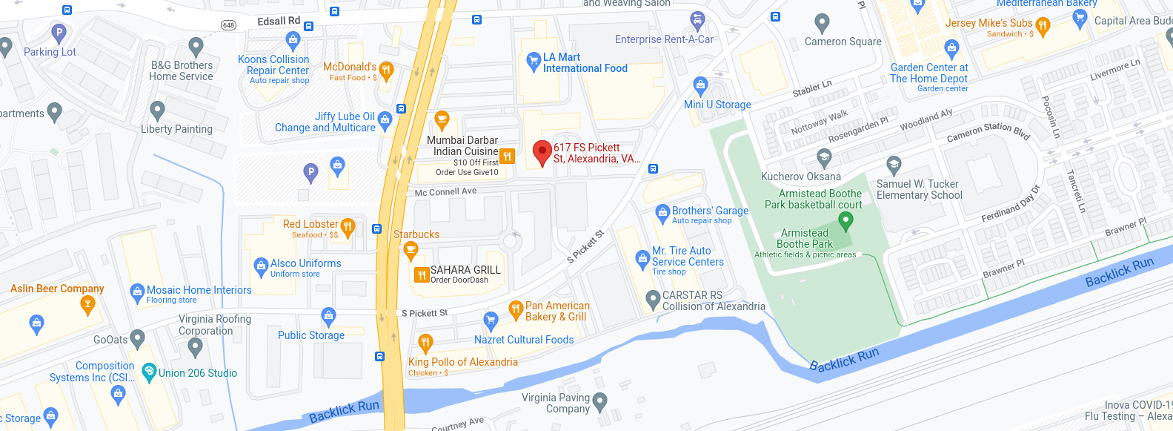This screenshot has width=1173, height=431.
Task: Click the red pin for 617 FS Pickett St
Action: tap(542, 152)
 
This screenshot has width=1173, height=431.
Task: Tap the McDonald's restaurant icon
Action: tap(385, 70)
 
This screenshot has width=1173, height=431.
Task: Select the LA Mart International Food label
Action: tap(585, 62)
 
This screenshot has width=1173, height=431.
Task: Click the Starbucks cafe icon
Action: tap(411, 251)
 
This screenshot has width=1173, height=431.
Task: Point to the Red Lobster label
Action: tap(310, 224)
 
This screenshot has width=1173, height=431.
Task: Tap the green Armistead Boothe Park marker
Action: tap(845, 220)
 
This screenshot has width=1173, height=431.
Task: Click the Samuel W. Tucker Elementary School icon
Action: tap(894, 165)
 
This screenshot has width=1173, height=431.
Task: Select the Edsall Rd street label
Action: tap(279, 21)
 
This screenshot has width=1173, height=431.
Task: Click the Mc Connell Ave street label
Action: tap(445, 191)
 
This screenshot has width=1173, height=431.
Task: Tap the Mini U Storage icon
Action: tap(700, 85)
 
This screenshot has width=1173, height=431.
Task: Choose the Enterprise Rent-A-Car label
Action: tap(664, 39)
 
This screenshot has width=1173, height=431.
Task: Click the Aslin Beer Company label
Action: tap(57, 289)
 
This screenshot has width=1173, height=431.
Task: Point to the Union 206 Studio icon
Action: tap(149, 371)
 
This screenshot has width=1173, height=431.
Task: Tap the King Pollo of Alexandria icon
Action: tap(425, 343)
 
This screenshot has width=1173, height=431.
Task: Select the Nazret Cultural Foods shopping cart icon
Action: tap(491, 320)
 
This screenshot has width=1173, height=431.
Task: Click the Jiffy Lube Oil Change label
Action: tap(325, 122)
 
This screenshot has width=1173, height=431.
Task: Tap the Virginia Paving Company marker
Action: tap(600, 401)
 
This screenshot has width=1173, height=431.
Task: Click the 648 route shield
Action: tap(229, 25)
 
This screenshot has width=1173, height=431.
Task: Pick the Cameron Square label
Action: tap(843, 42)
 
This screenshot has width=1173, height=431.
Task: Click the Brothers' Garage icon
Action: tap(662, 214)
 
